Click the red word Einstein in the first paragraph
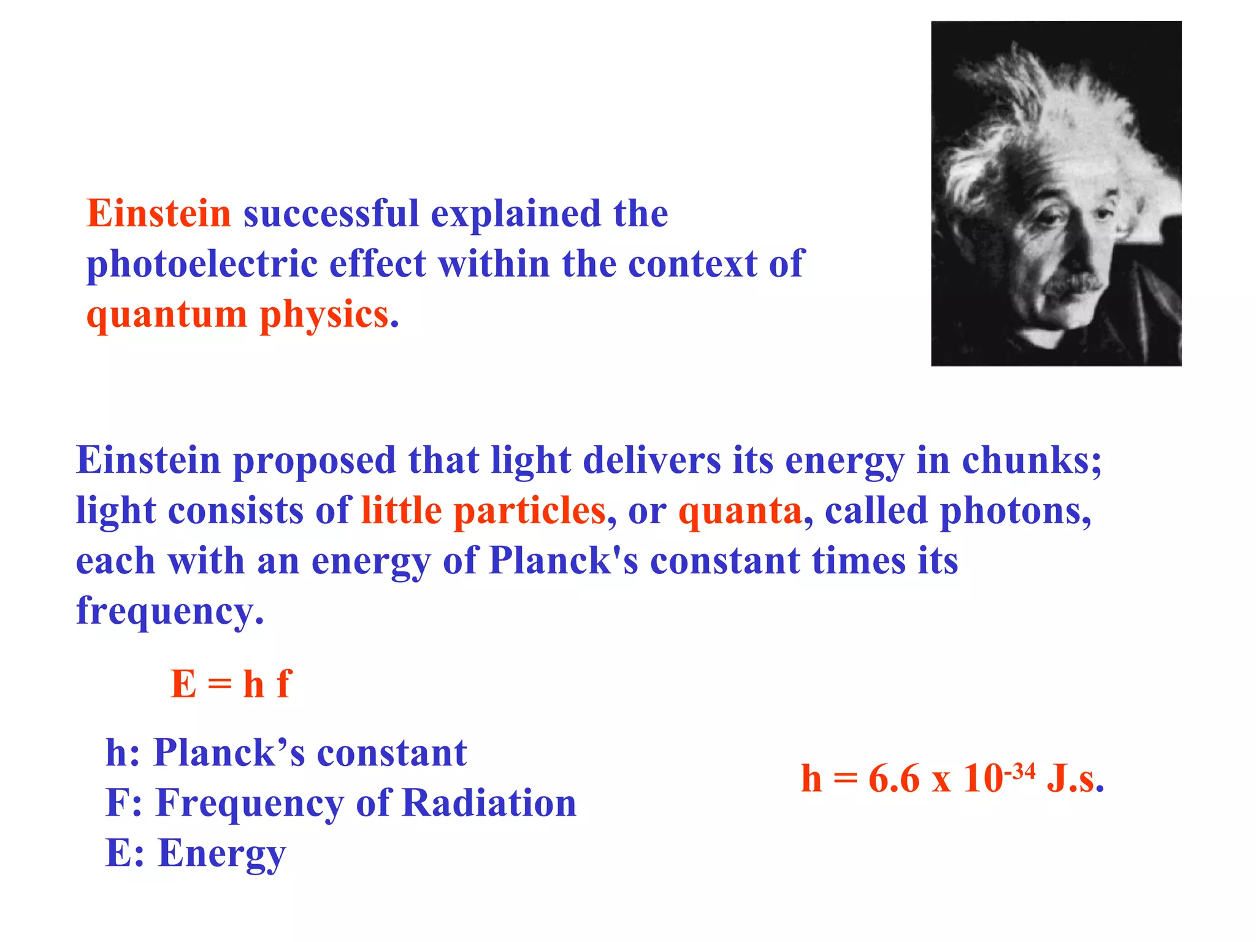(x=158, y=213)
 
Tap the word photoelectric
(x=202, y=264)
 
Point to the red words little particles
(x=483, y=510)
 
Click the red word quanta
(x=740, y=510)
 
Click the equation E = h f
(x=231, y=684)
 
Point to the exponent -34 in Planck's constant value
(x=1019, y=772)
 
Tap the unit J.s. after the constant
(x=1075, y=779)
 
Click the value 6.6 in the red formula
(x=894, y=779)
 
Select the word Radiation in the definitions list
(x=489, y=803)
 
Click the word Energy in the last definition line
(x=222, y=853)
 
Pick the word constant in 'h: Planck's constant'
(x=392, y=752)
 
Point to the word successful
(x=331, y=213)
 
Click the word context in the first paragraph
(x=692, y=264)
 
